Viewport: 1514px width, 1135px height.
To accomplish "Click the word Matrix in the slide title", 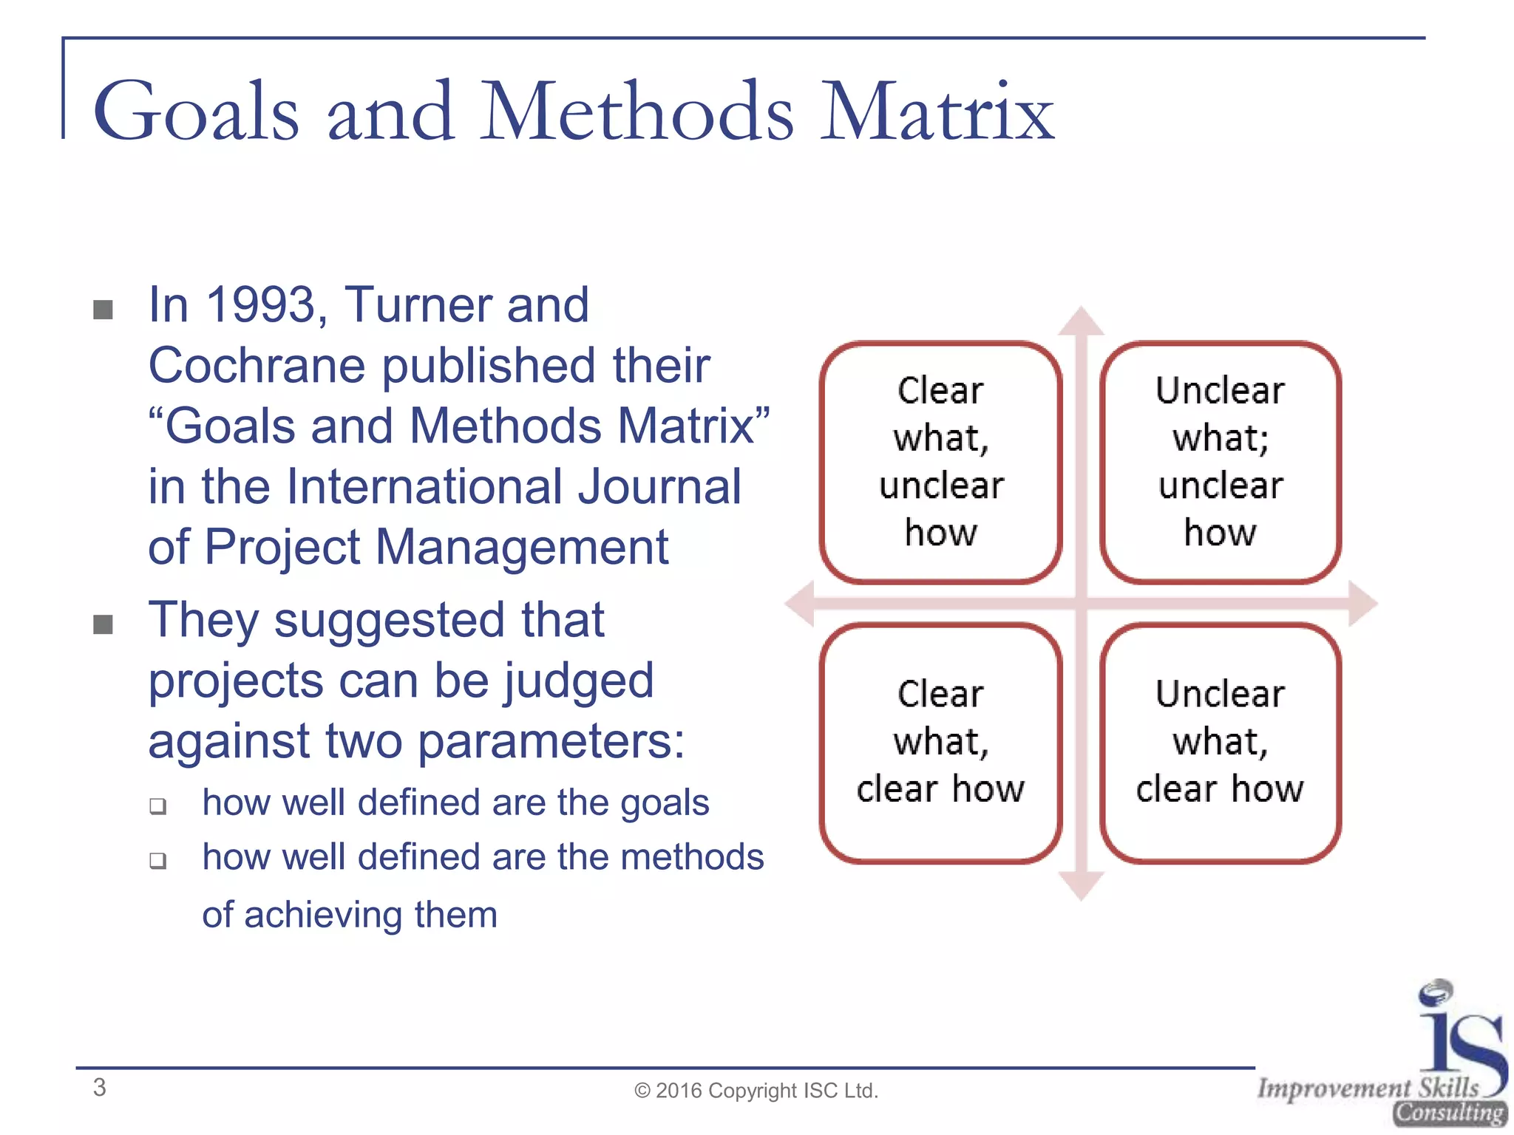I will coord(937,112).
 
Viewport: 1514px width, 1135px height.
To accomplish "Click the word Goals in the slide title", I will coord(197,112).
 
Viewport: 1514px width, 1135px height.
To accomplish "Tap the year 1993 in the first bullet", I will coord(261,304).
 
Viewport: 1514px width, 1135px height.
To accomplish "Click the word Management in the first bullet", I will coord(521,547).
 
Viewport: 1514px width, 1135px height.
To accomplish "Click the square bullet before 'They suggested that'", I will coord(103,625).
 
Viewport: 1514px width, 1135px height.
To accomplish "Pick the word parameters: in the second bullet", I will coord(551,741).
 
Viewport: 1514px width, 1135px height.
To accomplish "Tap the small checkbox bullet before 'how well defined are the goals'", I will coord(157,805).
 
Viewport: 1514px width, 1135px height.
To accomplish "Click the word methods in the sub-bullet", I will coord(692,857).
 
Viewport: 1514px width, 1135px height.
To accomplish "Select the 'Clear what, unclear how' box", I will coord(940,462).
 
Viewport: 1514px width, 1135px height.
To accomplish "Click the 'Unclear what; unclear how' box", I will coord(1220,462).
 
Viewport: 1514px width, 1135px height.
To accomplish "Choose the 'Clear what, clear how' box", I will coord(940,743).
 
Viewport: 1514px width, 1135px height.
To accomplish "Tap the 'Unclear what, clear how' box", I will coord(1220,743).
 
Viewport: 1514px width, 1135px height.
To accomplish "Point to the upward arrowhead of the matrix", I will coord(1081,322).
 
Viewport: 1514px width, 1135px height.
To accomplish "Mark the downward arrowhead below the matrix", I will coord(1081,885).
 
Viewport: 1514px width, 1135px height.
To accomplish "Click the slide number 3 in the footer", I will coord(100,1088).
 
